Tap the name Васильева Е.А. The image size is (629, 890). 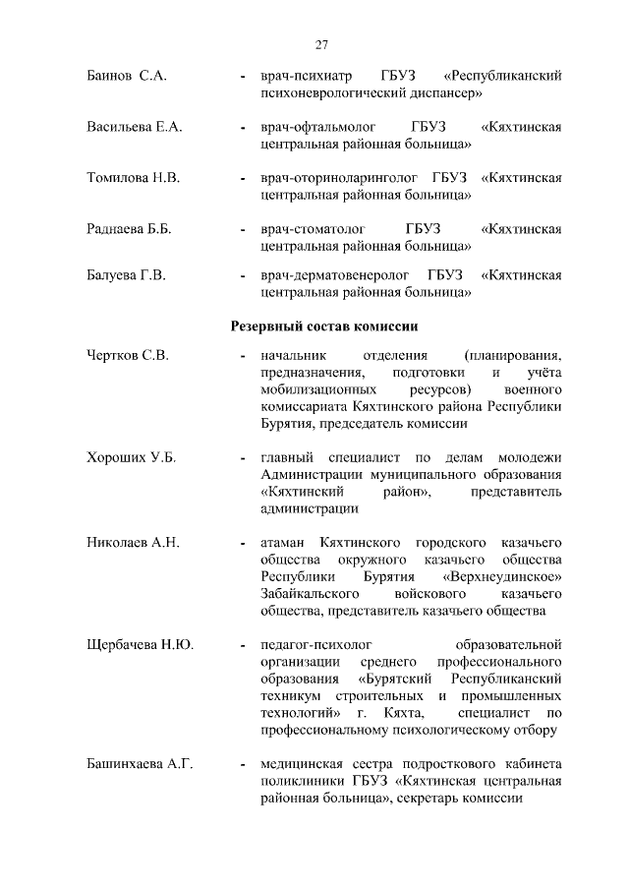pos(135,127)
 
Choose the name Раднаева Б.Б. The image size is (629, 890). pos(130,229)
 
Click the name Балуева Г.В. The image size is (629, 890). pos(126,274)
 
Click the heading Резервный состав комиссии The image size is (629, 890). pos(324,326)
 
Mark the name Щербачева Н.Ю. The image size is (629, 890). pos(140,645)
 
